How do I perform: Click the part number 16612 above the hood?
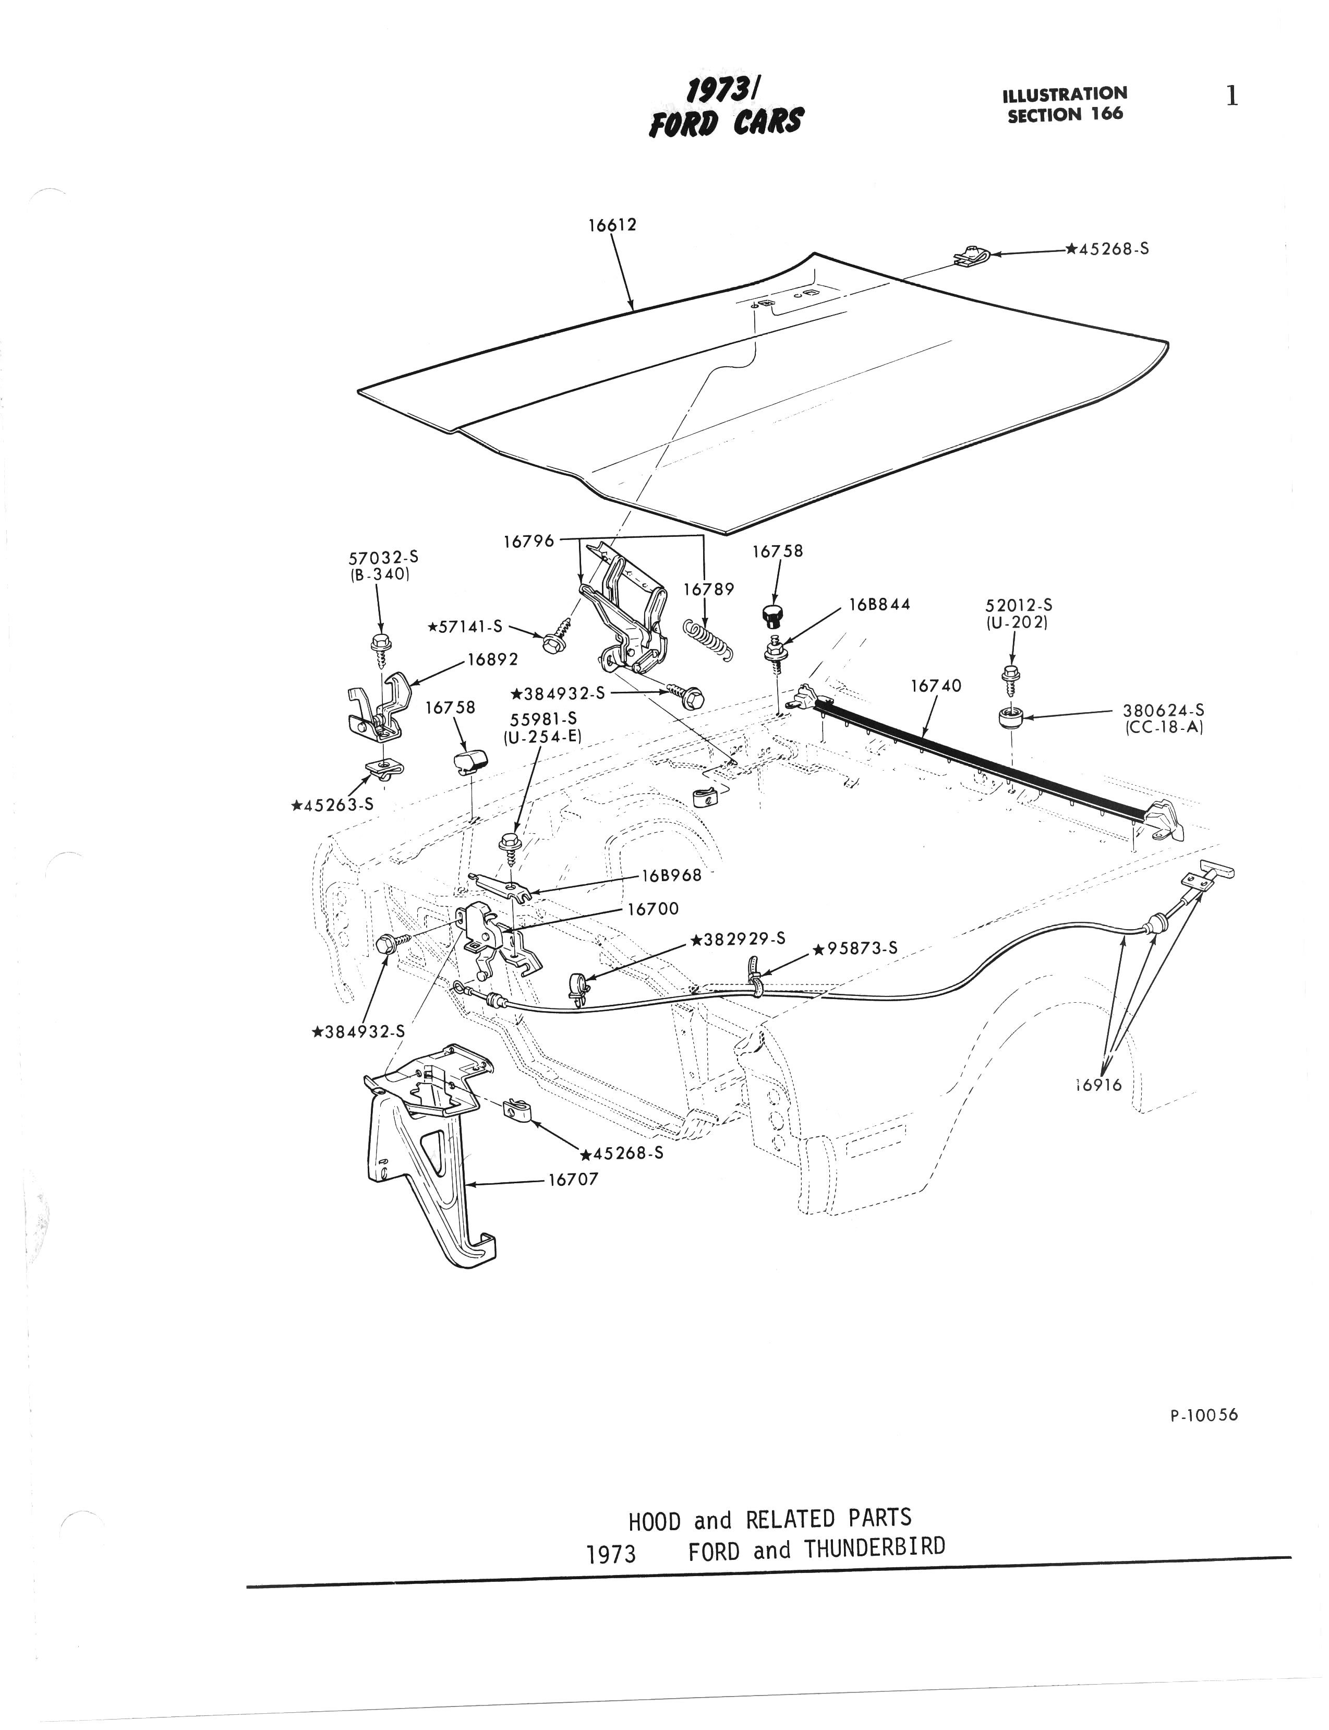[x=611, y=225]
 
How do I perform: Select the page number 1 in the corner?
[x=1231, y=97]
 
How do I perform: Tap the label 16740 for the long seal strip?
[x=936, y=686]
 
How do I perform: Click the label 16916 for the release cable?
[x=1099, y=1085]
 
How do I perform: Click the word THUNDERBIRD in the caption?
[x=874, y=1548]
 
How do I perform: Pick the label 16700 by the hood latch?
[x=653, y=909]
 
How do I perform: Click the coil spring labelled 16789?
[x=708, y=638]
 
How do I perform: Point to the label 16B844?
[x=880, y=604]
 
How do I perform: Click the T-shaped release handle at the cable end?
[x=1214, y=872]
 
